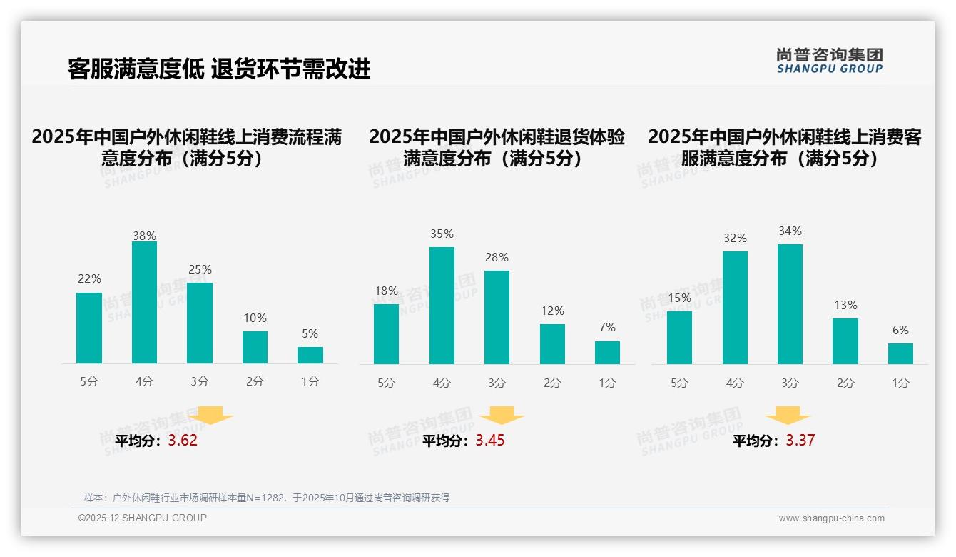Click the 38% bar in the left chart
pyautogui.click(x=144, y=303)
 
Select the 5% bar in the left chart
pyautogui.click(x=310, y=356)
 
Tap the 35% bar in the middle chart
pyautogui.click(x=442, y=306)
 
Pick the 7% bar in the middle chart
pyautogui.click(x=607, y=353)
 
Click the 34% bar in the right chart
pyautogui.click(x=790, y=304)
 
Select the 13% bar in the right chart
pyautogui.click(x=845, y=341)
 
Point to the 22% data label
pyautogui.click(x=89, y=279)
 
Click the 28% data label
pyautogui.click(x=497, y=258)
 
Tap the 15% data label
pyautogui.click(x=679, y=298)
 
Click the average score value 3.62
pyautogui.click(x=183, y=441)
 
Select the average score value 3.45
pyautogui.click(x=490, y=441)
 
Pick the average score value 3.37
pyautogui.click(x=800, y=441)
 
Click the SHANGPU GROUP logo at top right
pyautogui.click(x=829, y=61)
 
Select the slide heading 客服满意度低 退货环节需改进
pyautogui.click(x=219, y=69)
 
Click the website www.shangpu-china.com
pyautogui.click(x=831, y=518)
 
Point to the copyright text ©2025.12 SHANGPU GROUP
pyautogui.click(x=143, y=518)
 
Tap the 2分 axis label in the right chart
pyautogui.click(x=845, y=383)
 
